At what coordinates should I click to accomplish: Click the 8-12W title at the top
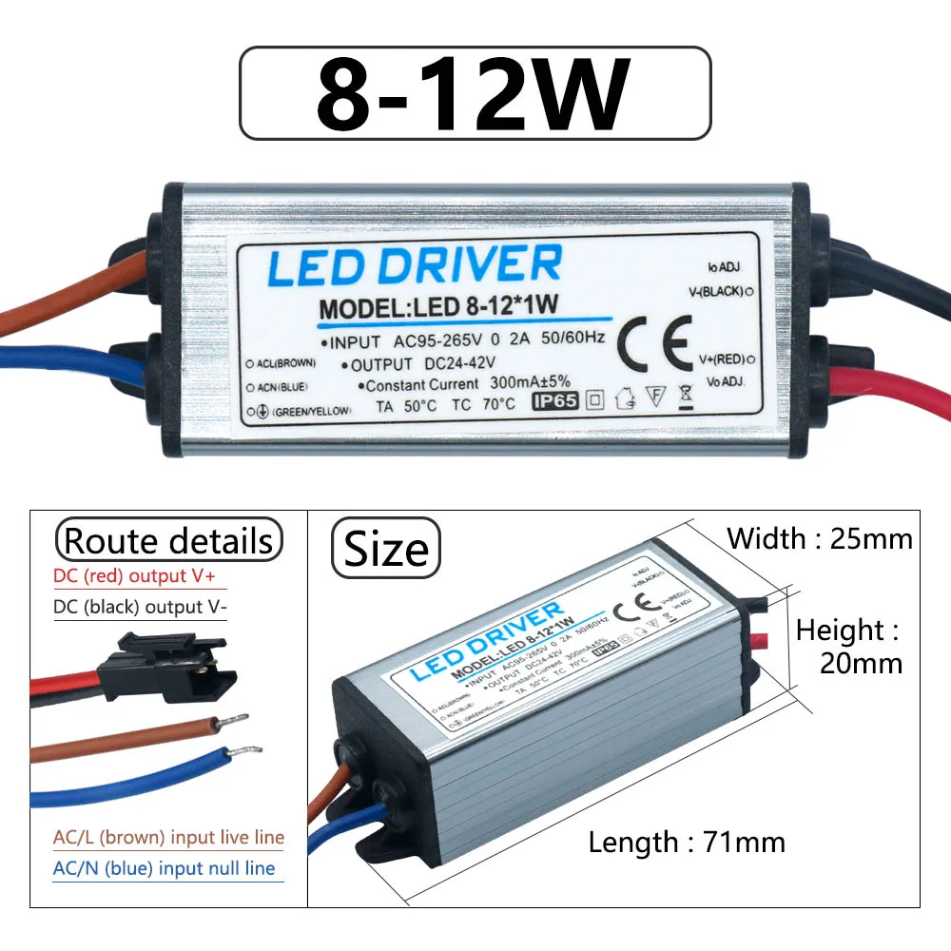click(x=474, y=94)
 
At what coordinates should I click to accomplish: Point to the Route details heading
click(x=169, y=541)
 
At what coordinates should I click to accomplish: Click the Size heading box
click(x=386, y=549)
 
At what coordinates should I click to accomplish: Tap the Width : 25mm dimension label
click(x=820, y=539)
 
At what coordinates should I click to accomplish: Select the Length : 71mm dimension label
click(x=687, y=842)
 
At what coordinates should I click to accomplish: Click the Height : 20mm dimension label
click(x=848, y=646)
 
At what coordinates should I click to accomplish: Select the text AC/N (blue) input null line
click(x=163, y=868)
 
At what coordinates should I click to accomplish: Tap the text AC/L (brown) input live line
click(x=167, y=838)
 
